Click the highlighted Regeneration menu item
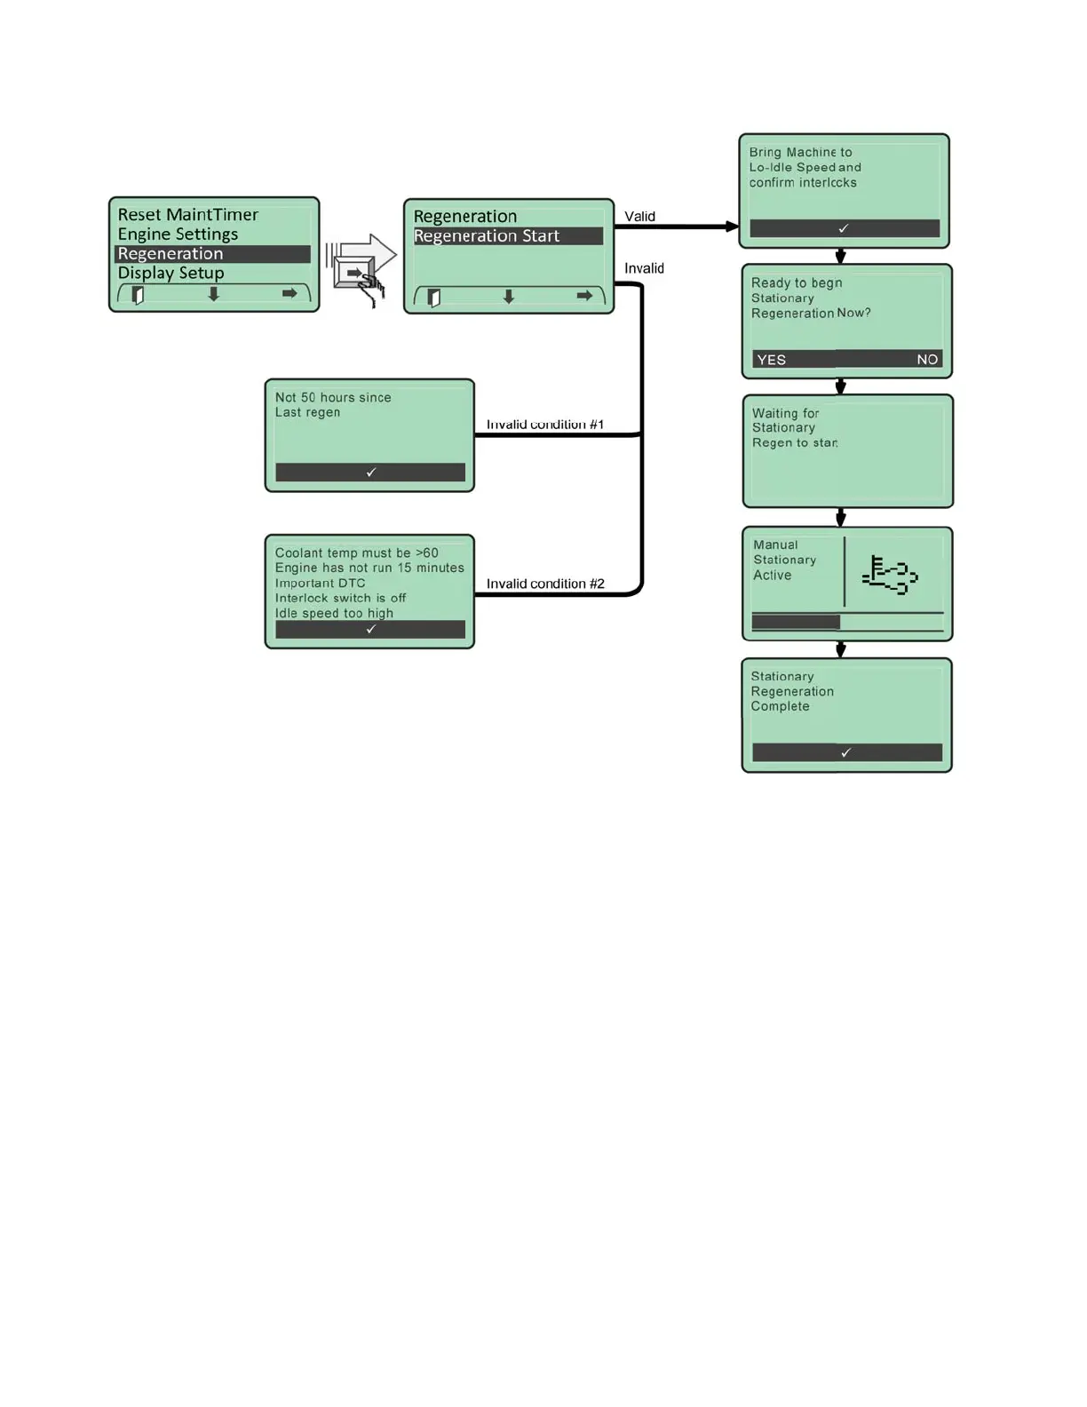[171, 254]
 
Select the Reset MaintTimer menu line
[188, 215]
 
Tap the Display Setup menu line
[171, 274]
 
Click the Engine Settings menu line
[178, 234]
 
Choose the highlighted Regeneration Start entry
[487, 236]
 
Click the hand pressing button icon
[361, 270]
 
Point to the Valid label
[639, 217]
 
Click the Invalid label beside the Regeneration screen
[644, 268]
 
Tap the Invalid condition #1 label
[545, 425]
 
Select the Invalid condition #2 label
[545, 584]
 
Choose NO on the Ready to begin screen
[927, 360]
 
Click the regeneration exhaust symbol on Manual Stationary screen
[890, 575]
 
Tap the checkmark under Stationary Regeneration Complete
[846, 752]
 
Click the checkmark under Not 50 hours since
[371, 473]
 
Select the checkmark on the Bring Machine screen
[844, 228]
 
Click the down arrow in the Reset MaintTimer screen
[213, 294]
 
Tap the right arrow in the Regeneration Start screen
[584, 296]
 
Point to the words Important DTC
[320, 584]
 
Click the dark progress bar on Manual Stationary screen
[796, 622]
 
